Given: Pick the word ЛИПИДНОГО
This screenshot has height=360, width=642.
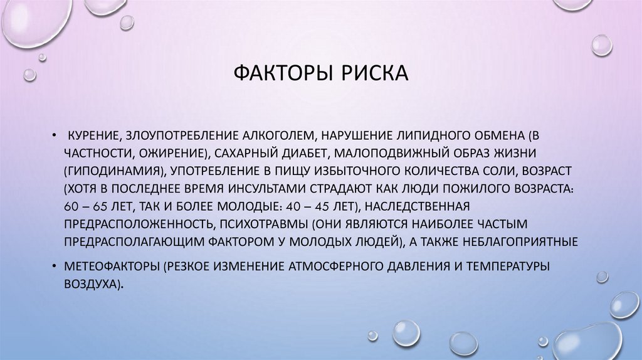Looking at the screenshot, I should (420, 135).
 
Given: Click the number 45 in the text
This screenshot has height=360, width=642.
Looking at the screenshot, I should (326, 206).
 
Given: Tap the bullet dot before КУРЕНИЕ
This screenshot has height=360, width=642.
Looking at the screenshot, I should (55, 135).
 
